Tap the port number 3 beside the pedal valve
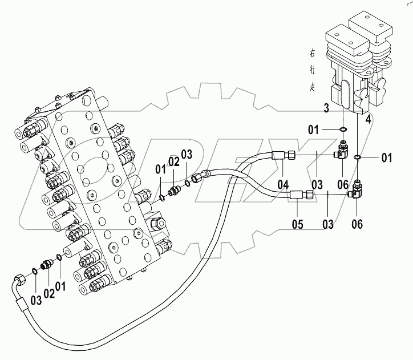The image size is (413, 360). (326, 108)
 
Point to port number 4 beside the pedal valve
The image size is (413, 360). (369, 119)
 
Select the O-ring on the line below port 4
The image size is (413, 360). (357, 157)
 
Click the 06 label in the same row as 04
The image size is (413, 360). (342, 184)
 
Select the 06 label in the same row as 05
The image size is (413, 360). (357, 224)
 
